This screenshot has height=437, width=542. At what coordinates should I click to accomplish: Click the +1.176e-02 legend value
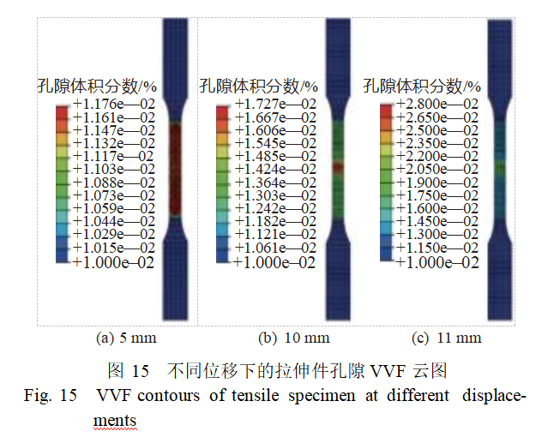[x=114, y=105]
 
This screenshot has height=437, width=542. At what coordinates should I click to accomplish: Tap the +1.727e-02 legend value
[x=275, y=105]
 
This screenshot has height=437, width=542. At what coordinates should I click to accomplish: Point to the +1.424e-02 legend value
[x=275, y=170]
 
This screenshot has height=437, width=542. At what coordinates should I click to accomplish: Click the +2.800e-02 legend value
[x=437, y=105]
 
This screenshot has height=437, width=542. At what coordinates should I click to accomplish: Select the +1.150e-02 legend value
[x=437, y=249]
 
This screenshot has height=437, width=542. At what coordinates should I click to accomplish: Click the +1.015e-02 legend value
[x=114, y=249]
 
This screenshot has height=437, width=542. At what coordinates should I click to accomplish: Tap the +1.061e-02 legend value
[x=275, y=249]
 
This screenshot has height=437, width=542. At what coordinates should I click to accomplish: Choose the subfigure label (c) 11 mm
[x=447, y=338]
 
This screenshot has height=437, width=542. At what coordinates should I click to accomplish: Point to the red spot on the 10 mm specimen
[x=338, y=165]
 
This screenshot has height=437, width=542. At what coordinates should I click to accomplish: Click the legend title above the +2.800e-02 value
[x=420, y=86]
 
